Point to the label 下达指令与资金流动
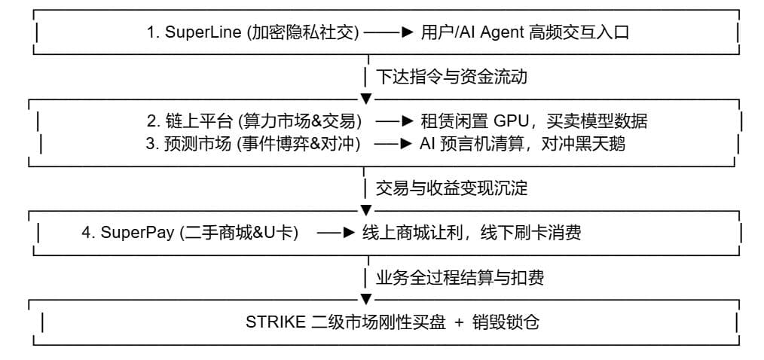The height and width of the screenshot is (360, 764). pyautogui.click(x=451, y=77)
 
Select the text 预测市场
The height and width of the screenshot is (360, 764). pyautogui.click(x=197, y=144)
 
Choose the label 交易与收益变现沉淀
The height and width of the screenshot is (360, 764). pyautogui.click(x=451, y=188)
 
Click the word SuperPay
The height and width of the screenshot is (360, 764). pyautogui.click(x=137, y=233)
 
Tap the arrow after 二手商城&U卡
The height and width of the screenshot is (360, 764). pyautogui.click(x=336, y=233)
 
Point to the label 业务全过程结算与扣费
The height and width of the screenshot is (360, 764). pyautogui.click(x=460, y=278)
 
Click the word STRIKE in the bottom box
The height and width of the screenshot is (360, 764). pyautogui.click(x=276, y=322)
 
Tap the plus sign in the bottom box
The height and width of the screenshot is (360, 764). pyautogui.click(x=459, y=322)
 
